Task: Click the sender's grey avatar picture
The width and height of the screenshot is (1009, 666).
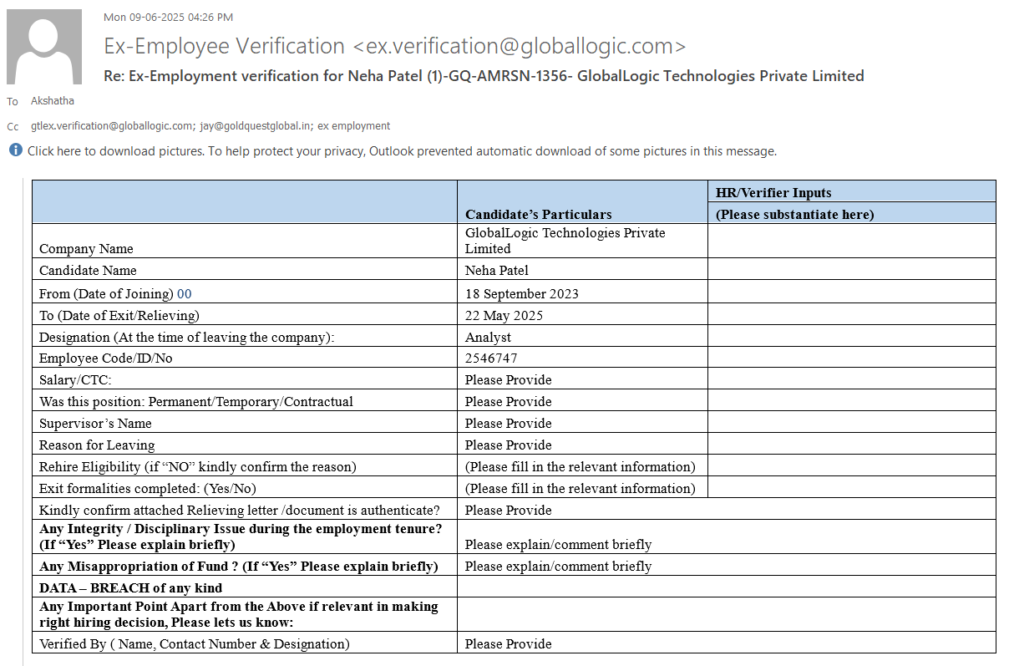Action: [44, 47]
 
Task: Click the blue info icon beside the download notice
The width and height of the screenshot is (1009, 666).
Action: [16, 150]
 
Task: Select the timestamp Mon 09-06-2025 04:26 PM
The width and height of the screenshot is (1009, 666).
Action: [168, 17]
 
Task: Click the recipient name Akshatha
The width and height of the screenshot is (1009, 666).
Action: [52, 101]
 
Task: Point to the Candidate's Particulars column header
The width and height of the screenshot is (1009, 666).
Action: [539, 215]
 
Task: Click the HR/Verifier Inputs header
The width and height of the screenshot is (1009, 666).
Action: [773, 193]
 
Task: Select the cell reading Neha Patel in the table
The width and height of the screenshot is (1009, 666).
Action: [497, 271]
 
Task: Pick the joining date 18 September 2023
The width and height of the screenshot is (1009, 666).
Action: [522, 294]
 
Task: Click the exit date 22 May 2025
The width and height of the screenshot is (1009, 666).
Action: [504, 316]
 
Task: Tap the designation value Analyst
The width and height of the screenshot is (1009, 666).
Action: [488, 338]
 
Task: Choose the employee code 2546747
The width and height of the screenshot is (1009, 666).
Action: [491, 358]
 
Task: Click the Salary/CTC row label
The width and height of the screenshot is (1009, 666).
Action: [75, 380]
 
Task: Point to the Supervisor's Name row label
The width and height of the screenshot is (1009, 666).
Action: [95, 424]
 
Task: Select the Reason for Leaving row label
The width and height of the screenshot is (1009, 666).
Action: [97, 445]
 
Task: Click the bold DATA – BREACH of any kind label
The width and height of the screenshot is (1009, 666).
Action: [130, 587]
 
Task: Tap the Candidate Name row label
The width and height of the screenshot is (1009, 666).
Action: [88, 271]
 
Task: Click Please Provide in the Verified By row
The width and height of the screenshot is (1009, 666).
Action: [508, 644]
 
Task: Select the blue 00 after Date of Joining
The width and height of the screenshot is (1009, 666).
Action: [185, 294]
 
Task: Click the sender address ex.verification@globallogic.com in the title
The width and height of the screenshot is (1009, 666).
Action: [520, 46]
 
